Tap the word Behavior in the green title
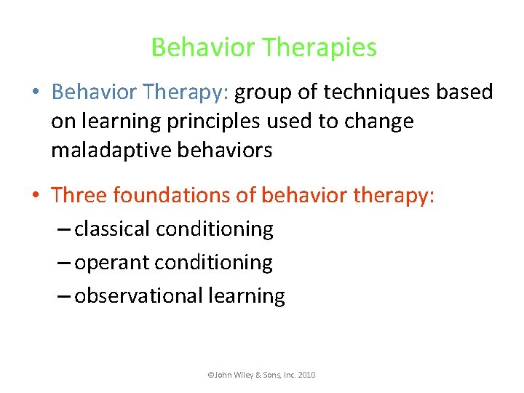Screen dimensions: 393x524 click(203, 48)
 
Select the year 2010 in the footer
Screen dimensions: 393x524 click(306, 375)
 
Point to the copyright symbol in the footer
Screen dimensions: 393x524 click(210, 375)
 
